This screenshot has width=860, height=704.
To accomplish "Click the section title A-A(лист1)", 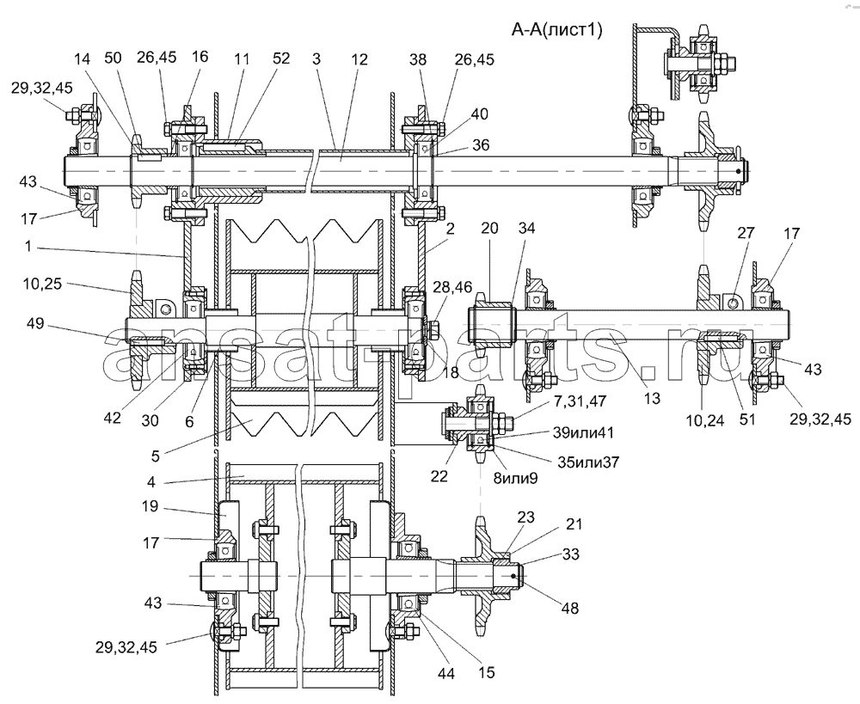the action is pyautogui.click(x=557, y=29).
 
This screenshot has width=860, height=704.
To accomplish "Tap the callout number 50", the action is pyautogui.click(x=113, y=58).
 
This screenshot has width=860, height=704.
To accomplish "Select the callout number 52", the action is pyautogui.click(x=281, y=58).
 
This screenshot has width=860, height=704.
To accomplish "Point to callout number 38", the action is pyautogui.click(x=418, y=58).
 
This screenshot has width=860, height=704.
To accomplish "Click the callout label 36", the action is pyautogui.click(x=481, y=144).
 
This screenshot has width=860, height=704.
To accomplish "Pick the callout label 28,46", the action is pyautogui.click(x=452, y=286).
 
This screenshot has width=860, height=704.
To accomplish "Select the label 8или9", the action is pyautogui.click(x=514, y=478).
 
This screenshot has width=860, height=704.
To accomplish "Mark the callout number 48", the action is pyautogui.click(x=570, y=608).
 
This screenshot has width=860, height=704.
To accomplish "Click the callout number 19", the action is pyautogui.click(x=149, y=506).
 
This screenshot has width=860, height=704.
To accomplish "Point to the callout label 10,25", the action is pyautogui.click(x=42, y=284).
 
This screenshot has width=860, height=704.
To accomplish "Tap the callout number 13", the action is pyautogui.click(x=652, y=397).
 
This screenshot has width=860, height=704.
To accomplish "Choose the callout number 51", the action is pyautogui.click(x=747, y=419).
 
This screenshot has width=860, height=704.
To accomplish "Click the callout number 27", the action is pyautogui.click(x=746, y=232).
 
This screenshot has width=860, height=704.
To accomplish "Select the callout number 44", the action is pyautogui.click(x=447, y=673).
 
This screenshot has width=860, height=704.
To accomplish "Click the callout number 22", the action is pyautogui.click(x=439, y=476).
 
